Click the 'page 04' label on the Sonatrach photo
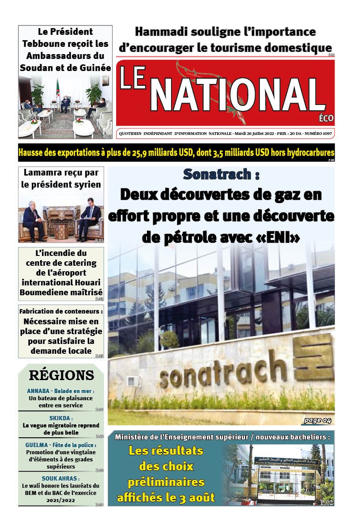[317, 420]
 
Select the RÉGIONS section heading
[61, 375]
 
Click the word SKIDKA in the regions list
[61, 418]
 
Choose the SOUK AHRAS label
[61, 479]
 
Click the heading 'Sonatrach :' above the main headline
[221, 174]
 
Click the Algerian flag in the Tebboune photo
[58, 88]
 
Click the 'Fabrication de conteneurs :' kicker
[61, 311]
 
